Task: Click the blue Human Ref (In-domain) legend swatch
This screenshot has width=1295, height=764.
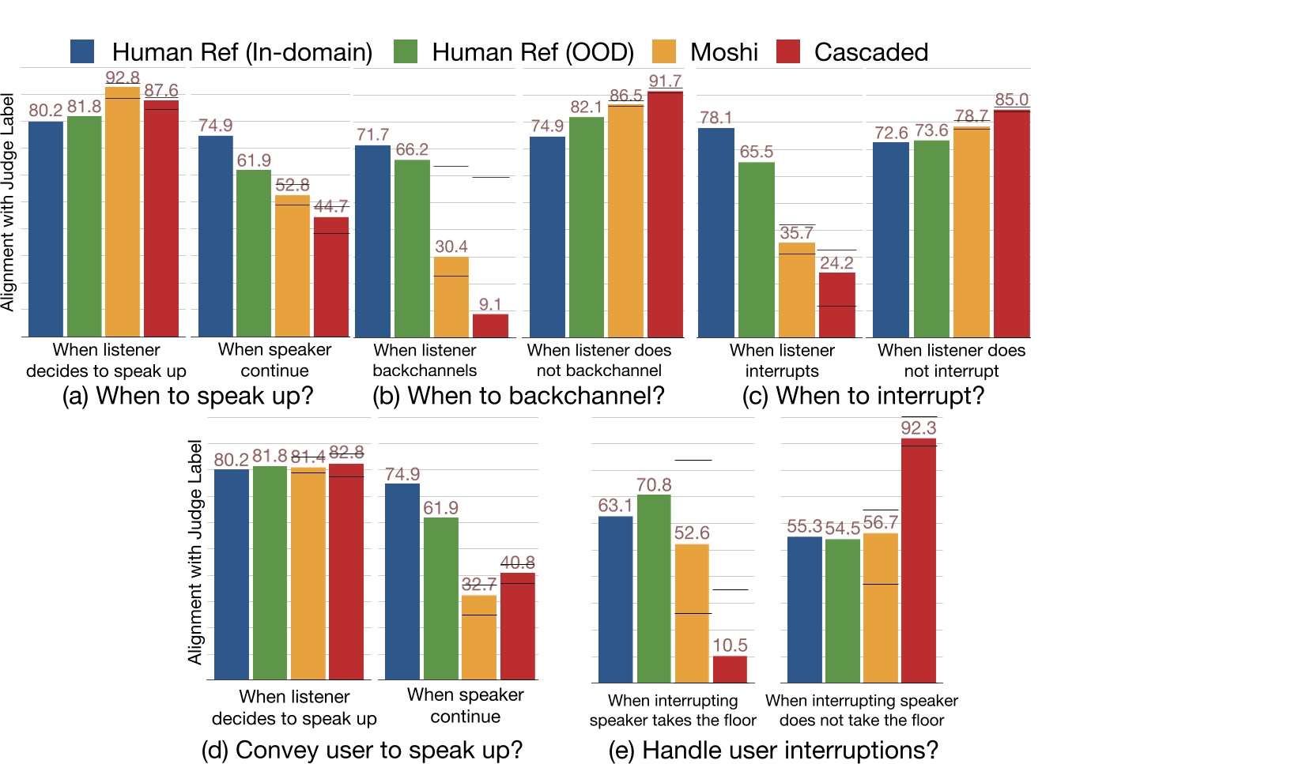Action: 82,51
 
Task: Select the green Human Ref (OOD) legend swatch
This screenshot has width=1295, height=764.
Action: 404,51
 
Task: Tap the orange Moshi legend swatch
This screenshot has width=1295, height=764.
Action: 664,51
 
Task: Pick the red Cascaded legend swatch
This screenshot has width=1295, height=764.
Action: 788,51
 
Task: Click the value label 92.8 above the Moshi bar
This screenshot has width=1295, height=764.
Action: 123,77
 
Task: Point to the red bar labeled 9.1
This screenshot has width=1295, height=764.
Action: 490,326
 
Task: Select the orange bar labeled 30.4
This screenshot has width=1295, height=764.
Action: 451,296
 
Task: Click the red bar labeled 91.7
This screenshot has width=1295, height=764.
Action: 665,213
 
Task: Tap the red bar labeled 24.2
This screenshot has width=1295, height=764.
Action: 836,305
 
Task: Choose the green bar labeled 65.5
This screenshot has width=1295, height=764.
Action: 757,249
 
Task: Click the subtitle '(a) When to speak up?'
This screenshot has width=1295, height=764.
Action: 188,395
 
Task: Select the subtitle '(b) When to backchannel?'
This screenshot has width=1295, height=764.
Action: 519,395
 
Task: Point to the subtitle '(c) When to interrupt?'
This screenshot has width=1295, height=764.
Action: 863,395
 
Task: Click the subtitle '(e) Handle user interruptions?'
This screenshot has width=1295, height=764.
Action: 773,750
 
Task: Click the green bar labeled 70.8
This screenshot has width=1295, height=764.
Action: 654,588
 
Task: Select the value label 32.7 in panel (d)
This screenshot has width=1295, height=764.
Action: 479,584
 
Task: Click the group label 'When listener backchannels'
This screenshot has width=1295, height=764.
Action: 425,360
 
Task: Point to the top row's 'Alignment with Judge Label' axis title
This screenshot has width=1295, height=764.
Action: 8,202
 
